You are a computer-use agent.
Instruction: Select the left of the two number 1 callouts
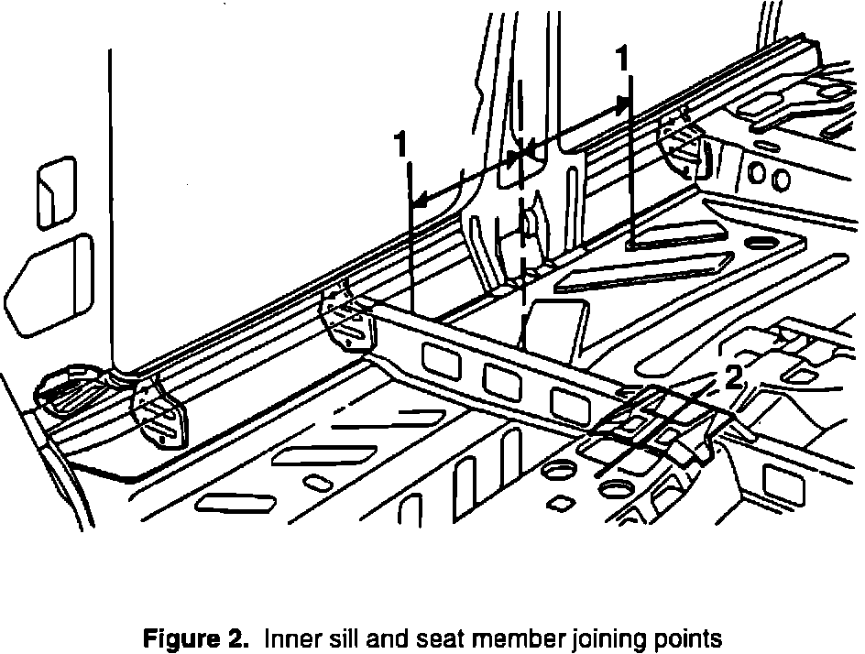tap(400, 145)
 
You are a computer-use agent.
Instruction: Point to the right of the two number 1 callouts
tap(621, 60)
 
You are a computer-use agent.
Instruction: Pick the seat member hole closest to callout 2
tap(565, 401)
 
